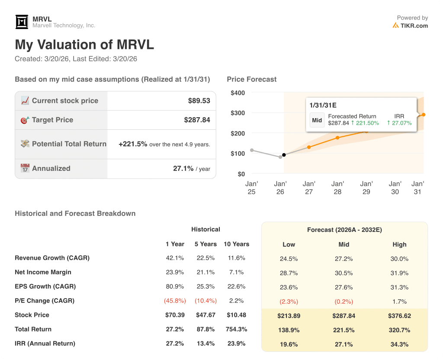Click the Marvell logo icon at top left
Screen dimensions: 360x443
tap(22, 22)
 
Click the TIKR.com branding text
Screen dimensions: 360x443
tap(414, 26)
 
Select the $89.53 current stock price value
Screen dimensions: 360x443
tap(199, 101)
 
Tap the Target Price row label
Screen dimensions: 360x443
tap(52, 120)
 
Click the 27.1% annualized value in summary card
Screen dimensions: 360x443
tap(183, 168)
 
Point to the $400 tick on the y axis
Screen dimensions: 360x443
tap(238, 93)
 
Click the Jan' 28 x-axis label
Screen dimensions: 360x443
tap(337, 188)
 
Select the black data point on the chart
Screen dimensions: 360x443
tap(284, 155)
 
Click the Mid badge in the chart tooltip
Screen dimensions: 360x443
tap(317, 120)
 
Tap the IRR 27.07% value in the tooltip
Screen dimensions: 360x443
tap(399, 123)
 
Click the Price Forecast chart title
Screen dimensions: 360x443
tap(251, 79)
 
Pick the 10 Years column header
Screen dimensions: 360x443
tap(236, 244)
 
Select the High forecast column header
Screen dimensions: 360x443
tap(399, 244)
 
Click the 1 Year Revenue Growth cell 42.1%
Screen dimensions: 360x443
tap(175, 258)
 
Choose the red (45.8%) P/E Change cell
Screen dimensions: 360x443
tap(175, 301)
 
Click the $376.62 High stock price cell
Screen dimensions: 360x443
tap(399, 316)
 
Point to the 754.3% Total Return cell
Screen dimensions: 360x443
tap(236, 329)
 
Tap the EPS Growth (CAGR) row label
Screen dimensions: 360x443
tap(45, 286)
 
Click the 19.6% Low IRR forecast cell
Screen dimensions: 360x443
tap(289, 344)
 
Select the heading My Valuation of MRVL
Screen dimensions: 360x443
tap(84, 45)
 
